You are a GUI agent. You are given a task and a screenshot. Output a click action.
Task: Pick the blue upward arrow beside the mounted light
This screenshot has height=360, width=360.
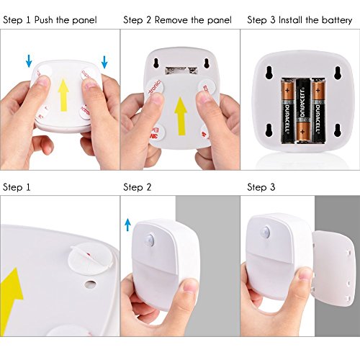tap(127, 224)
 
